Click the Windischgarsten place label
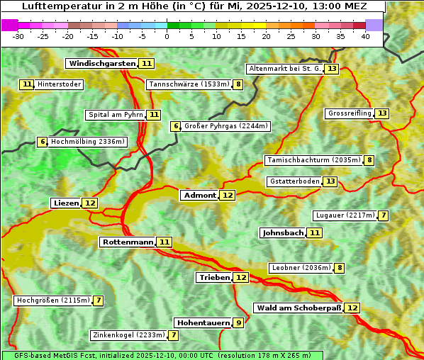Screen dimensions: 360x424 coord(101,64)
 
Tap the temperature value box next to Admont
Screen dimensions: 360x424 coord(227,196)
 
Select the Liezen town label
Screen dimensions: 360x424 coord(66,203)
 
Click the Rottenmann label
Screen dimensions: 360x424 coord(128,242)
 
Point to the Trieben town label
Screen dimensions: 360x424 coord(214,278)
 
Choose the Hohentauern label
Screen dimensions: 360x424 coord(203,323)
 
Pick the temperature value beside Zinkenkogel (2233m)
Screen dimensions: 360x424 coord(174,335)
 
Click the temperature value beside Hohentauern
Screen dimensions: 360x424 coord(239,323)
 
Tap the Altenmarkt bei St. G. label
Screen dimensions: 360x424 coord(284,69)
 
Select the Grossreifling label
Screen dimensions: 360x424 coord(349,113)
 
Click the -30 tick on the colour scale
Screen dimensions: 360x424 coord(18,35)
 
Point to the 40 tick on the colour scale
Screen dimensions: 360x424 coord(365,35)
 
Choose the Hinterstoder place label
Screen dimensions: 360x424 coord(60,84)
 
